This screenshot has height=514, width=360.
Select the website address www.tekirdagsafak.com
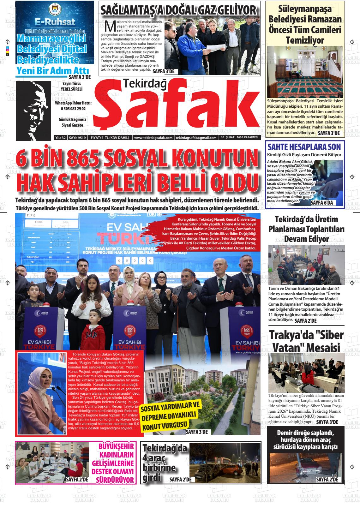(x=153, y=138)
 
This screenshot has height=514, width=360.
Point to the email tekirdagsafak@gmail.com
(x=192, y=138)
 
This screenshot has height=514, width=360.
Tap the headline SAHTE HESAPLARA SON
(x=304, y=147)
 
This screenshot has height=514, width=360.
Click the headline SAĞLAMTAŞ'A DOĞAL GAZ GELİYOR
(x=179, y=10)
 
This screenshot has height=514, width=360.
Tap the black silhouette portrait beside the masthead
(x=33, y=111)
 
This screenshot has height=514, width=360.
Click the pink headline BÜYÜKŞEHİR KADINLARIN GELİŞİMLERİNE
(x=117, y=463)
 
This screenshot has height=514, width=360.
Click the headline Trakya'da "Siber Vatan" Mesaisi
(x=306, y=341)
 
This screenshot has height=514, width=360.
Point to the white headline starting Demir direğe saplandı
(x=305, y=439)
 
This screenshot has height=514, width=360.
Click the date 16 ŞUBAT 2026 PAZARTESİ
(x=235, y=138)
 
